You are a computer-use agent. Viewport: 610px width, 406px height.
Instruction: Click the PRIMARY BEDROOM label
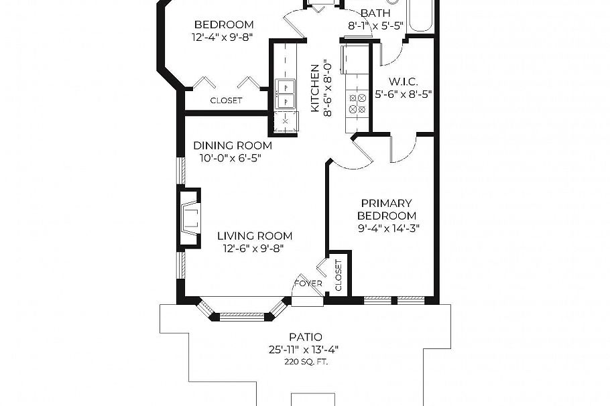[x=386, y=210]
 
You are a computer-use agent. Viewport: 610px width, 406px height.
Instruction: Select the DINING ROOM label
[x=233, y=145]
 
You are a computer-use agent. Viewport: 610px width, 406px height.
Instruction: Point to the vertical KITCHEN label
[x=314, y=88]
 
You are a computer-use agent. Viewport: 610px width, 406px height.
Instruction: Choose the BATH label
[x=375, y=13]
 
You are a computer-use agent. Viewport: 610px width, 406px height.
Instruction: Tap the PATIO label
[x=305, y=337]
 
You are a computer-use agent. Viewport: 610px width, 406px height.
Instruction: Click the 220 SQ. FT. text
[x=305, y=362]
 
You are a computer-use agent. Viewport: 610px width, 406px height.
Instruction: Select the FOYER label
[x=308, y=283]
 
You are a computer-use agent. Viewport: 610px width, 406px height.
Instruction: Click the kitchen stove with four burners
[x=357, y=103]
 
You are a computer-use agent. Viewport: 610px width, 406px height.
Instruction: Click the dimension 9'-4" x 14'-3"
[x=389, y=228]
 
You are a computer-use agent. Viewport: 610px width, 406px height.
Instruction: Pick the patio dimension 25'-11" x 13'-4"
[x=305, y=349]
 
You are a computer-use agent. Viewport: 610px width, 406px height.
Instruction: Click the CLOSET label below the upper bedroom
[x=226, y=100]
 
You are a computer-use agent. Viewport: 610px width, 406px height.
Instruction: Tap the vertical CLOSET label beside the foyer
[x=338, y=275]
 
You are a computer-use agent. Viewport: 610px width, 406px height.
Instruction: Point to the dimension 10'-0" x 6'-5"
[x=230, y=158]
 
